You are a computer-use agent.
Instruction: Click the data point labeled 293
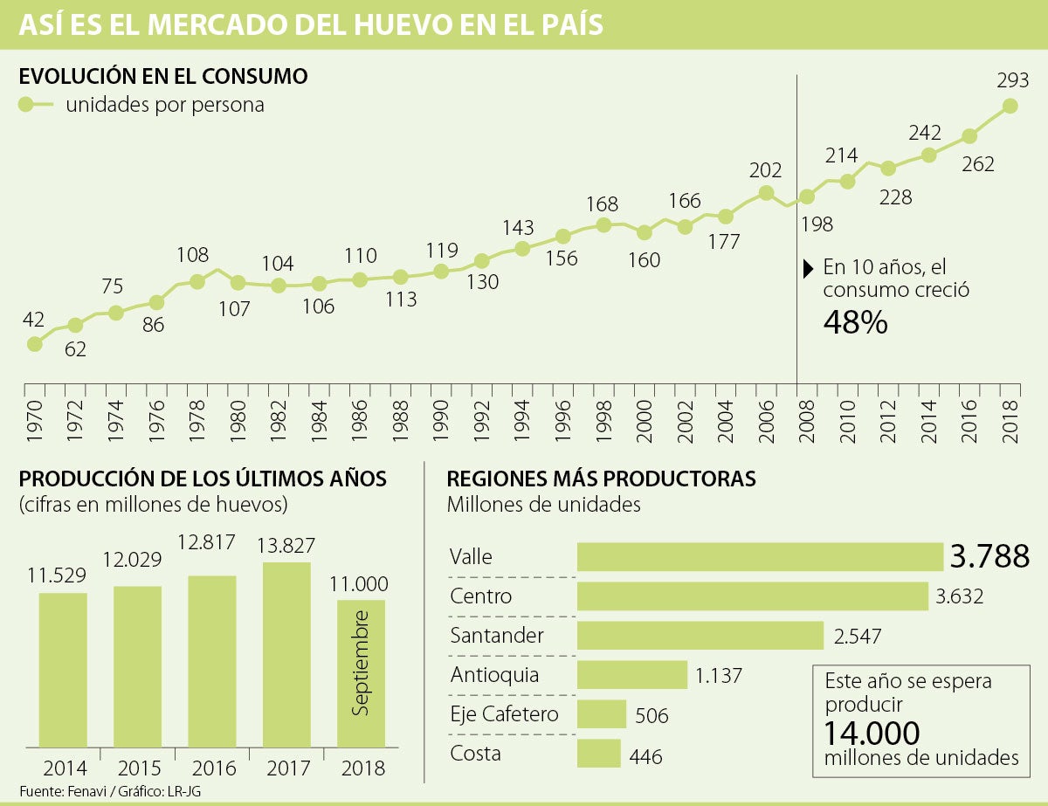click(1010, 106)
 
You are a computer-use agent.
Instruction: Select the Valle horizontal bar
click(760, 557)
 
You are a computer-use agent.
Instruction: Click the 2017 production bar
click(286, 654)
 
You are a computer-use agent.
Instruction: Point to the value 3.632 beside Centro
click(959, 596)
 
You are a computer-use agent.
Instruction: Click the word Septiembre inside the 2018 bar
click(361, 664)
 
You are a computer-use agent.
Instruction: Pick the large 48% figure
click(855, 323)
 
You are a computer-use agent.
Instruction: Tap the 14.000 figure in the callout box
click(872, 732)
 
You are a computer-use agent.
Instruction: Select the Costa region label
click(476, 753)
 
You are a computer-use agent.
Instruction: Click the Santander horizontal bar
click(700, 636)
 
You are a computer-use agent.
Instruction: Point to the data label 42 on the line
click(34, 319)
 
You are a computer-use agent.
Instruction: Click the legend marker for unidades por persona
click(26, 105)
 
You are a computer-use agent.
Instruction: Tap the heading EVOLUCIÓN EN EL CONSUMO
click(163, 77)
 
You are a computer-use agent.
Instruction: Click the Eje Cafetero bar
click(602, 714)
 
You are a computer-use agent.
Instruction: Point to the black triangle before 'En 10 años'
click(809, 268)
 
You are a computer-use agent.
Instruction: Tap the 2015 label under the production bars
click(137, 768)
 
